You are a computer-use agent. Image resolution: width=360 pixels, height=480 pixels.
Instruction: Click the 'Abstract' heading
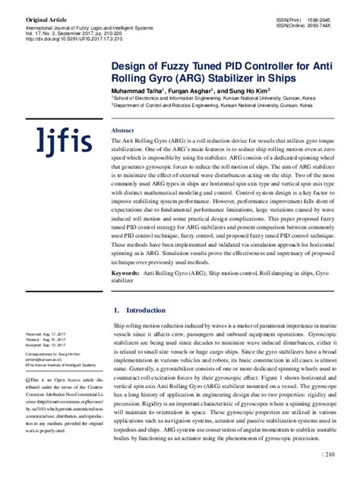tap(122, 131)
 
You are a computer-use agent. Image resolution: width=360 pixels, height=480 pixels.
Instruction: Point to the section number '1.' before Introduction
tap(115, 311)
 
